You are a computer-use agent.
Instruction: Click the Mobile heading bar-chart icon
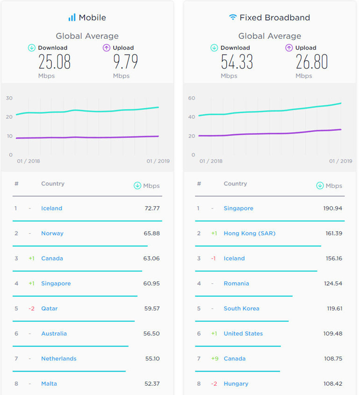click(x=72, y=18)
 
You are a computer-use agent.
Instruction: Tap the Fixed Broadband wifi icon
click(x=232, y=18)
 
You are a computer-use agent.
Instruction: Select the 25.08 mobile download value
click(x=54, y=62)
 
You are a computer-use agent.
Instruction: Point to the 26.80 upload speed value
click(x=311, y=62)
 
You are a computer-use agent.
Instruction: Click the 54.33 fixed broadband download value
click(x=237, y=62)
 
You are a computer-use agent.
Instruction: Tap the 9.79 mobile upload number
click(x=126, y=62)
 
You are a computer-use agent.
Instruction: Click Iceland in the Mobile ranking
click(x=51, y=208)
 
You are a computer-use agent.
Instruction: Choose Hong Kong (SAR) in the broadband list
click(x=249, y=233)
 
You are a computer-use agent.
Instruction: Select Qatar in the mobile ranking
click(x=49, y=309)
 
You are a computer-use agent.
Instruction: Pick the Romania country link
click(x=236, y=283)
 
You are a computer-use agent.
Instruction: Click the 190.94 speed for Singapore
click(x=332, y=208)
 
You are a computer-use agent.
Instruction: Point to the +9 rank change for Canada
click(x=214, y=359)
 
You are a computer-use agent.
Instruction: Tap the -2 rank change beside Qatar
click(x=31, y=309)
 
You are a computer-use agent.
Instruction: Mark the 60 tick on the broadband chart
click(x=191, y=98)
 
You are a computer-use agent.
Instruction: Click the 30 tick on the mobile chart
click(x=9, y=98)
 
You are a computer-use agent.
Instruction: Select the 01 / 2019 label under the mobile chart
click(x=158, y=161)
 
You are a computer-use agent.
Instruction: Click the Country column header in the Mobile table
click(x=53, y=184)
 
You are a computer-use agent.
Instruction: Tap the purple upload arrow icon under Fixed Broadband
click(x=289, y=48)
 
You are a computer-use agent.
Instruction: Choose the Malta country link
click(x=49, y=384)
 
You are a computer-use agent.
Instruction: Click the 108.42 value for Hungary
click(x=332, y=384)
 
